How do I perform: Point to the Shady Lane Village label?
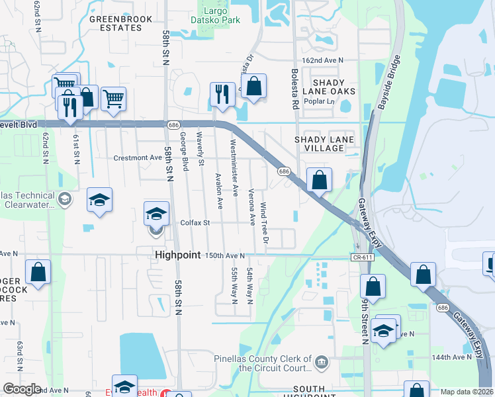point(325,144)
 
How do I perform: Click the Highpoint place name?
point(177,255)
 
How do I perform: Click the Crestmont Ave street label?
point(138,158)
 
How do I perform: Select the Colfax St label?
point(195,223)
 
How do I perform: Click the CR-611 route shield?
point(360,256)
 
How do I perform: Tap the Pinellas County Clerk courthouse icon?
point(321,361)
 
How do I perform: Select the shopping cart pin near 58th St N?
point(113,100)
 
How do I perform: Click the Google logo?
point(22,390)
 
